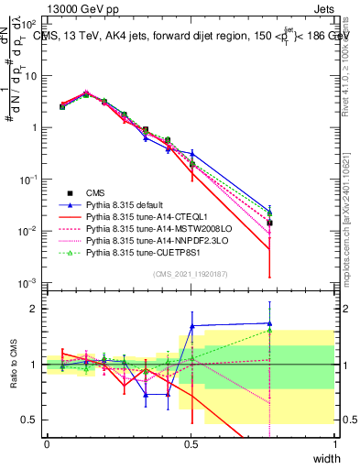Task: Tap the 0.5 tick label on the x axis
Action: (x=191, y=443)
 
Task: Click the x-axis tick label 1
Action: (x=334, y=443)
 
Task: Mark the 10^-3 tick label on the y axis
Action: (x=29, y=282)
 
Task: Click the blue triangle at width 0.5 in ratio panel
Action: (x=191, y=325)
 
